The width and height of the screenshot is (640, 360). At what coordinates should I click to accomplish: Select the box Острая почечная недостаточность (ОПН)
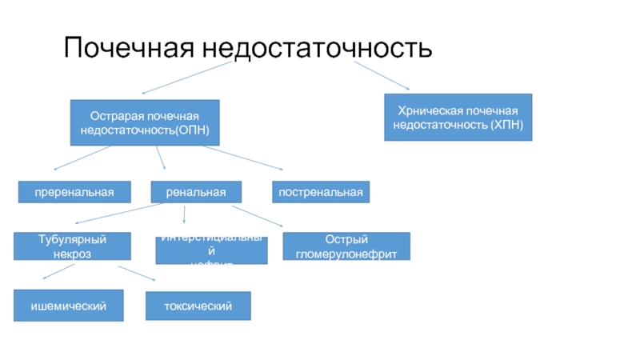click(145, 122)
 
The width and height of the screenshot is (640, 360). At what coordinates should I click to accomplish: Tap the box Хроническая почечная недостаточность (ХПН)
click(458, 118)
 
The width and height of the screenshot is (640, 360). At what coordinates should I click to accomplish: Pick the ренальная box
click(196, 192)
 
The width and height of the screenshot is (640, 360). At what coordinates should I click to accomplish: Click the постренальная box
click(322, 192)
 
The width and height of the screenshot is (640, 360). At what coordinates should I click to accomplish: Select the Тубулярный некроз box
click(72, 246)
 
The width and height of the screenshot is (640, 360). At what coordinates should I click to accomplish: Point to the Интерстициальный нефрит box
click(211, 250)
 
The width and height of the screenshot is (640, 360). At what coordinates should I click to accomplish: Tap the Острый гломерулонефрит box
click(346, 246)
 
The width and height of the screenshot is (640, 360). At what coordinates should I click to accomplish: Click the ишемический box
click(68, 306)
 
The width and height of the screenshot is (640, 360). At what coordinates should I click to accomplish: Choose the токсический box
click(198, 306)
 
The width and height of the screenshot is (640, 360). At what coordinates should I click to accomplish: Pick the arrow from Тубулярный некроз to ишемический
click(59, 272)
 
